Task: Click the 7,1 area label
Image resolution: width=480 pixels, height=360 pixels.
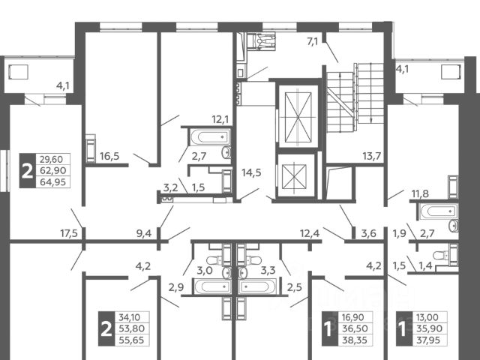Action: (x=313, y=41)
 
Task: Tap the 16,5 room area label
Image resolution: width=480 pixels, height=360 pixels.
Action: (x=109, y=157)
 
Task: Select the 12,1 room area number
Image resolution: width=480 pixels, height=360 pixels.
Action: (x=220, y=119)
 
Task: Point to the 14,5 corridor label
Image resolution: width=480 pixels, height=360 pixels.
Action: (x=251, y=172)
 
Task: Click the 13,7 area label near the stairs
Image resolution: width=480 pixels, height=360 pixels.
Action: (x=372, y=157)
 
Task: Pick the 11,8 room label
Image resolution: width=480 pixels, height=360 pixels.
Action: (x=420, y=193)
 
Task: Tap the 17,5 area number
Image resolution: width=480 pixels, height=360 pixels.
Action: (x=69, y=233)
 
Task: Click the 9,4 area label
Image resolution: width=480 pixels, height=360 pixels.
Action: (x=144, y=233)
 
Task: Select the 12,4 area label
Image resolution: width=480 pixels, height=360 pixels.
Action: (x=310, y=233)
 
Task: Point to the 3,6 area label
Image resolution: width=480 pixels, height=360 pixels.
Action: (x=368, y=233)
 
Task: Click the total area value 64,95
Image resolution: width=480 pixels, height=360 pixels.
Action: (x=53, y=182)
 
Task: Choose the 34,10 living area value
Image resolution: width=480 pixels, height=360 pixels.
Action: (x=131, y=317)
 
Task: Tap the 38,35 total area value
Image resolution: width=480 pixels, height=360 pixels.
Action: (x=355, y=340)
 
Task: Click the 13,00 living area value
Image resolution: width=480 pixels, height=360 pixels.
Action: (x=427, y=317)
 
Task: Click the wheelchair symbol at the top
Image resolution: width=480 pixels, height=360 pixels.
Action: (x=262, y=41)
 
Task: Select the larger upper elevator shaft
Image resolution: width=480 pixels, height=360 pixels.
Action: (x=298, y=118)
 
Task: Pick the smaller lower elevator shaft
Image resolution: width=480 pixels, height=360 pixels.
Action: (x=294, y=177)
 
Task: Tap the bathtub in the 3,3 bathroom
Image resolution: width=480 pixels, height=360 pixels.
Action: (x=258, y=286)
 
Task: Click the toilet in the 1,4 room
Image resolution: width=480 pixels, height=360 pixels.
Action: (x=442, y=256)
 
